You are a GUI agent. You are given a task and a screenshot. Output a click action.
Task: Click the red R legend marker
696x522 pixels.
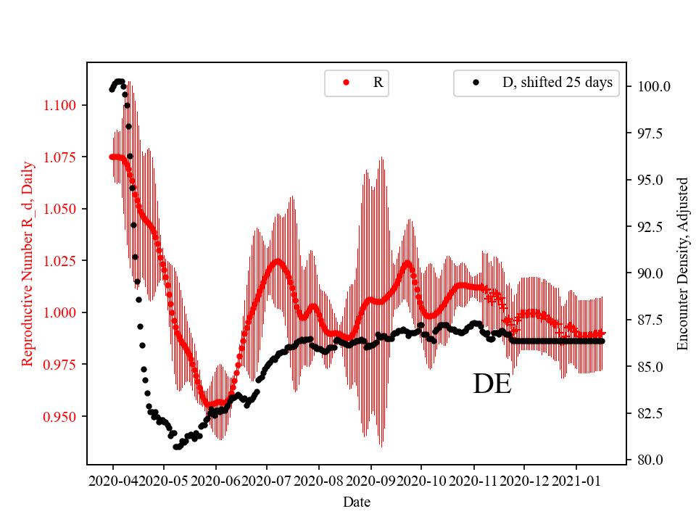point(346,83)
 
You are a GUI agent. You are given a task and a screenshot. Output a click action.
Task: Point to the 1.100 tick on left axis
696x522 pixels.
point(61,106)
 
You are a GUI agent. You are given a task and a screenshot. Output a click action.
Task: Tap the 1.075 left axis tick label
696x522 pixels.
point(61,157)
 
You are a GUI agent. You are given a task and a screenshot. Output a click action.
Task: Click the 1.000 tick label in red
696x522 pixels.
point(61,313)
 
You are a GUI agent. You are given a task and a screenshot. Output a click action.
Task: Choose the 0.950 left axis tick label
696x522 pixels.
point(61,417)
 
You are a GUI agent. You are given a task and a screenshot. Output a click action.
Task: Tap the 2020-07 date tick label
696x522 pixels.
point(268,480)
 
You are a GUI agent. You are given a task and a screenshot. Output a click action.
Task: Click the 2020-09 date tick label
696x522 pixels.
point(370,480)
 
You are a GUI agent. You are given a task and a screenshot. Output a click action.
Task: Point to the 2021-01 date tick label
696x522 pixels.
point(576,480)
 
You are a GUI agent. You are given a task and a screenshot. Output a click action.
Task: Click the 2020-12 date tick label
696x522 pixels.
point(525,480)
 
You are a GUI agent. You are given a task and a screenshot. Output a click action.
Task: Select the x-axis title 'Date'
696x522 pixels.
point(356,502)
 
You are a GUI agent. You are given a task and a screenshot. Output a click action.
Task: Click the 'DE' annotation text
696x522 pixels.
point(492,384)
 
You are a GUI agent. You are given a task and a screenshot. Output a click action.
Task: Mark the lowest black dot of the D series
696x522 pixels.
point(176,447)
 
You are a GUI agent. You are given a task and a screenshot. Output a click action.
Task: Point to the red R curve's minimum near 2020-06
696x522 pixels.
point(208,405)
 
